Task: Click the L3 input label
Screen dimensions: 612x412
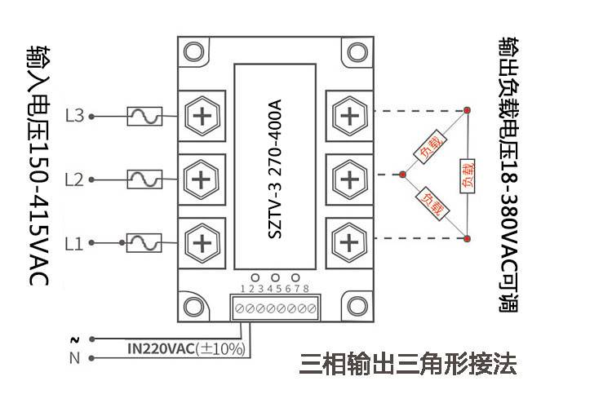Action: click(75, 116)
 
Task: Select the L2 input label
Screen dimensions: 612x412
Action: click(74, 179)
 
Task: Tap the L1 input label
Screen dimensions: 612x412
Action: click(74, 243)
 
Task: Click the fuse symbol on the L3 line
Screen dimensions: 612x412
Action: click(144, 116)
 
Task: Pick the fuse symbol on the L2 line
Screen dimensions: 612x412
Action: click(144, 179)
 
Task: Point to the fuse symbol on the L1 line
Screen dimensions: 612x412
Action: click(144, 242)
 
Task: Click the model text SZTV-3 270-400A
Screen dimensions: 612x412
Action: click(275, 169)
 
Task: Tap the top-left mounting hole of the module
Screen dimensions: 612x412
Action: click(194, 52)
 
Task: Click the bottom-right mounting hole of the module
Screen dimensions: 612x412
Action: click(357, 305)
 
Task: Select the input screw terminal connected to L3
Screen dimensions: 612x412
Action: click(202, 116)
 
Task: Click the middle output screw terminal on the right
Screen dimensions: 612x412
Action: click(350, 179)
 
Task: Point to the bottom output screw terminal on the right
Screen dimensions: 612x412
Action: click(350, 242)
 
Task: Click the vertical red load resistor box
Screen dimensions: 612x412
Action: click(468, 175)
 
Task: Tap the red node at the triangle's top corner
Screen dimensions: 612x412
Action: click(468, 110)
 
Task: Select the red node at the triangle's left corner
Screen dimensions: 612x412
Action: click(402, 175)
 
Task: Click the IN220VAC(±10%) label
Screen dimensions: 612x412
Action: click(187, 348)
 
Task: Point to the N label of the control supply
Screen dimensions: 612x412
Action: click(74, 358)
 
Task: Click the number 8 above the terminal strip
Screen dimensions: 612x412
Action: click(306, 289)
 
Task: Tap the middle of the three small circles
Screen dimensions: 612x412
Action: click(276, 277)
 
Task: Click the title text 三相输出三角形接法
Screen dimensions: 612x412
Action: click(408, 364)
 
